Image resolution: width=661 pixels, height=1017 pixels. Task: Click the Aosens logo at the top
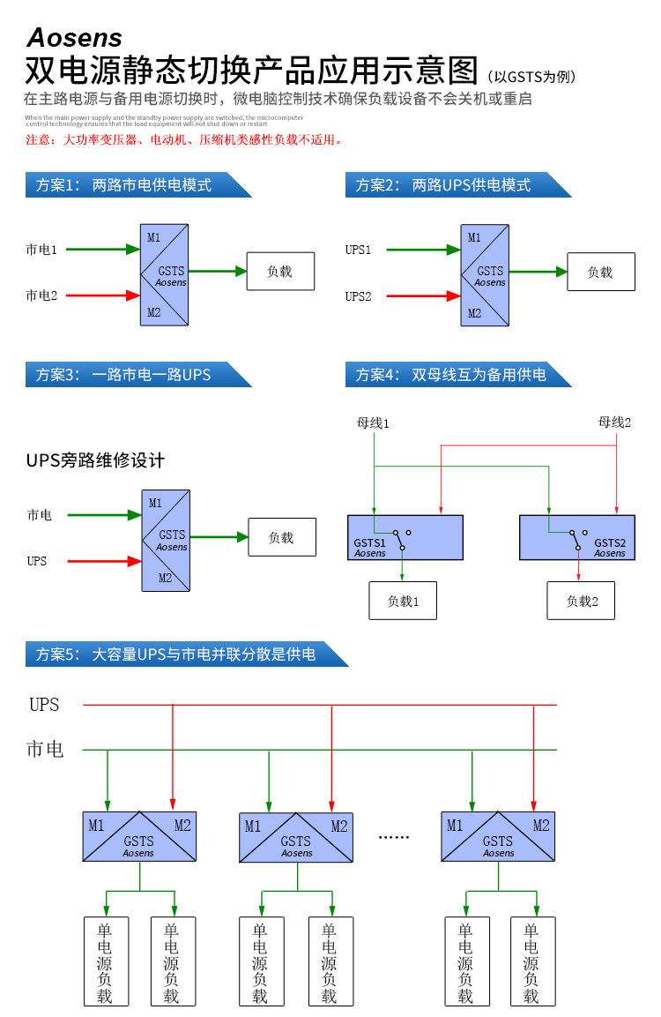pyautogui.click(x=74, y=37)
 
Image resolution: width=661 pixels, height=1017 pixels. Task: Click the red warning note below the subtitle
pyautogui.click(x=183, y=139)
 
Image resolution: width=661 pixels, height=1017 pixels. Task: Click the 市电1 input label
pyautogui.click(x=41, y=250)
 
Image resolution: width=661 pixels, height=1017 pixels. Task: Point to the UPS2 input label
pyautogui.click(x=358, y=296)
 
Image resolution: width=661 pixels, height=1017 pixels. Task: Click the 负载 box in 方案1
pyautogui.click(x=279, y=272)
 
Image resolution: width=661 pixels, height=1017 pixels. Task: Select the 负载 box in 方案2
pyautogui.click(x=600, y=272)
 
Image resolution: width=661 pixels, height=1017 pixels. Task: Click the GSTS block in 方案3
pyautogui.click(x=165, y=540)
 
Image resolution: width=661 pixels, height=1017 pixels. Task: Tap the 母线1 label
pyautogui.click(x=373, y=423)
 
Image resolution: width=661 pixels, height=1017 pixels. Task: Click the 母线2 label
pyautogui.click(x=615, y=423)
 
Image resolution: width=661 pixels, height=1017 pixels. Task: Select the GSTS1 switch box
pyautogui.click(x=405, y=536)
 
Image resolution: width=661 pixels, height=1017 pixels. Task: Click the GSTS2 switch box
pyautogui.click(x=576, y=536)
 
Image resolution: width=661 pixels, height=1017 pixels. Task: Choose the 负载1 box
pyautogui.click(x=403, y=601)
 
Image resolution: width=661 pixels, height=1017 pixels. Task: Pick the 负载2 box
pyautogui.click(x=582, y=601)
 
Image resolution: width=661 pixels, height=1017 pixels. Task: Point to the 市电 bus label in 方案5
pyautogui.click(x=45, y=750)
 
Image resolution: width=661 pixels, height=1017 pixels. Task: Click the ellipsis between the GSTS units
pyautogui.click(x=394, y=836)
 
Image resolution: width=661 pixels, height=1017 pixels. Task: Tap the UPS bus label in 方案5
pyautogui.click(x=44, y=705)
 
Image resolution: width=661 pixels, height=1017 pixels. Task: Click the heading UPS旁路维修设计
pyautogui.click(x=96, y=460)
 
